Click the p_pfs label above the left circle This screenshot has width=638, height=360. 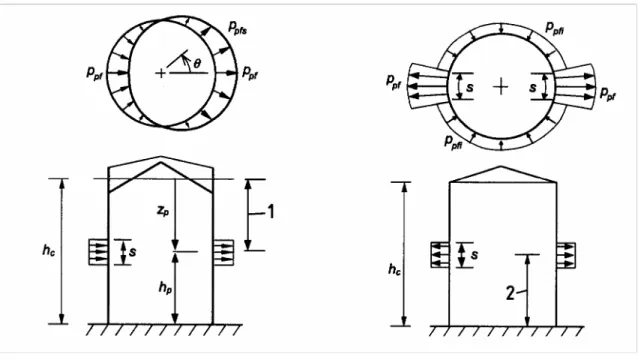tap(237, 28)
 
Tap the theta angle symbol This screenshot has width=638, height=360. tap(197, 63)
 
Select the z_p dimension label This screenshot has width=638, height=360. tap(163, 211)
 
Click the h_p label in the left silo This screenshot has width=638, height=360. tap(165, 288)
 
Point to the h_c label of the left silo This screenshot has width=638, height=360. tap(49, 250)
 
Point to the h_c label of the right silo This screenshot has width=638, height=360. tap(394, 269)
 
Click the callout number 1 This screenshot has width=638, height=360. tap(270, 212)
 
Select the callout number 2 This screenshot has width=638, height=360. tap(511, 293)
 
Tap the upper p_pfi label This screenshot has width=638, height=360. tap(555, 28)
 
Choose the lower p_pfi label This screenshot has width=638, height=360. tap(454, 142)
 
